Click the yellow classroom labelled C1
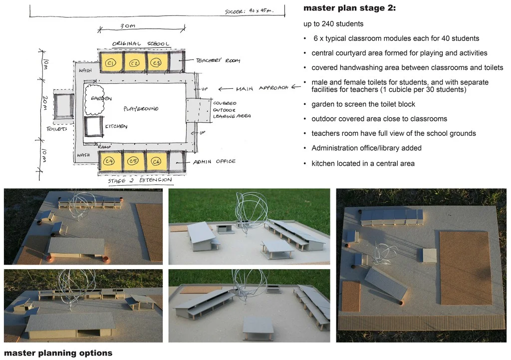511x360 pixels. click(x=111, y=62)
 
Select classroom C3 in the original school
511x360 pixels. click(x=156, y=62)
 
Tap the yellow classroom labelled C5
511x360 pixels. click(x=133, y=161)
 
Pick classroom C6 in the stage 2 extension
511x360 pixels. click(x=156, y=161)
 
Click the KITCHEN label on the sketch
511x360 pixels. click(x=116, y=126)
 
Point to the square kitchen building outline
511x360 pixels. click(x=93, y=127)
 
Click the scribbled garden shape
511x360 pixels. click(x=94, y=99)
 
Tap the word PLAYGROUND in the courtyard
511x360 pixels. click(x=141, y=108)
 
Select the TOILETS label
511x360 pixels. click(x=57, y=128)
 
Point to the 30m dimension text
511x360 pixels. click(x=129, y=26)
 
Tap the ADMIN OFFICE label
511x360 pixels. click(x=215, y=161)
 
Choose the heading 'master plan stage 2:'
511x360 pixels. click(x=349, y=8)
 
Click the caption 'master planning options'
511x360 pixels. click(x=58, y=353)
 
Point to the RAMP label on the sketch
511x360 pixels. click(x=104, y=147)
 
